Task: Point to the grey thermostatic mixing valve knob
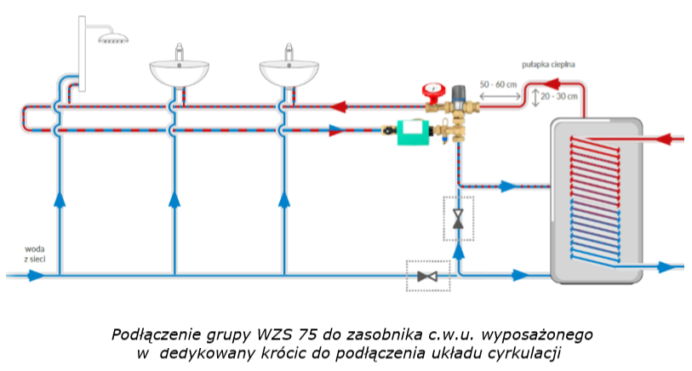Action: [x=460, y=89]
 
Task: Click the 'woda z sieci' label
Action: [x=35, y=253]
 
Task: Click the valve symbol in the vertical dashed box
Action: [x=459, y=219]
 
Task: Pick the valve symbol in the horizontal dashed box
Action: [x=426, y=276]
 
